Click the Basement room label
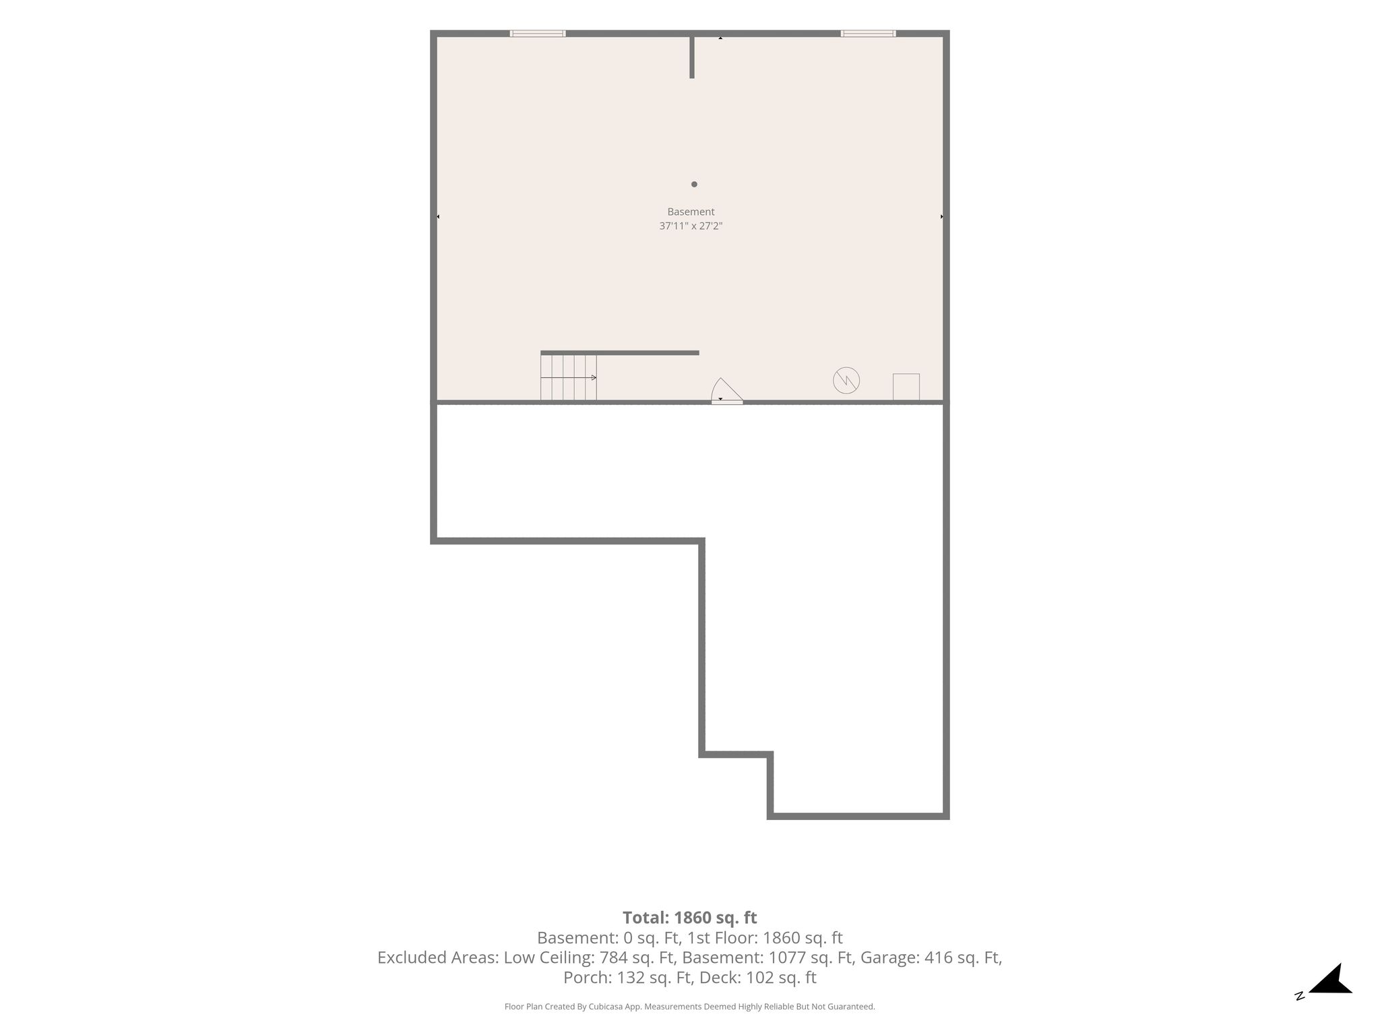691,212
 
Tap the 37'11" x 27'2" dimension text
691,226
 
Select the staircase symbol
569,377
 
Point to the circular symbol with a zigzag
846,380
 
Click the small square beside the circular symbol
906,387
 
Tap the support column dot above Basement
694,184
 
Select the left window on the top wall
538,33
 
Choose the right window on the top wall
868,33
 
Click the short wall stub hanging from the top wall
692,57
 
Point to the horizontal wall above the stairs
620,352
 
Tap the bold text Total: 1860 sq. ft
690,918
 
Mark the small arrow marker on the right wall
941,217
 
